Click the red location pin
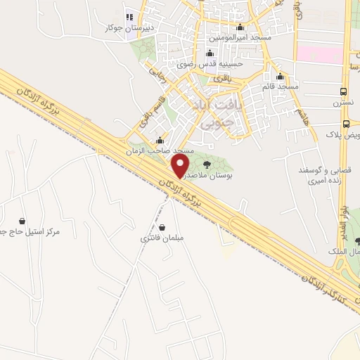click(181, 166)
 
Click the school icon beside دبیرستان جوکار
click(128, 16)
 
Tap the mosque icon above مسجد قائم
click(280, 77)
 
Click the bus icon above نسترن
click(343, 92)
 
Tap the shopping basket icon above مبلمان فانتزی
click(163, 227)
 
